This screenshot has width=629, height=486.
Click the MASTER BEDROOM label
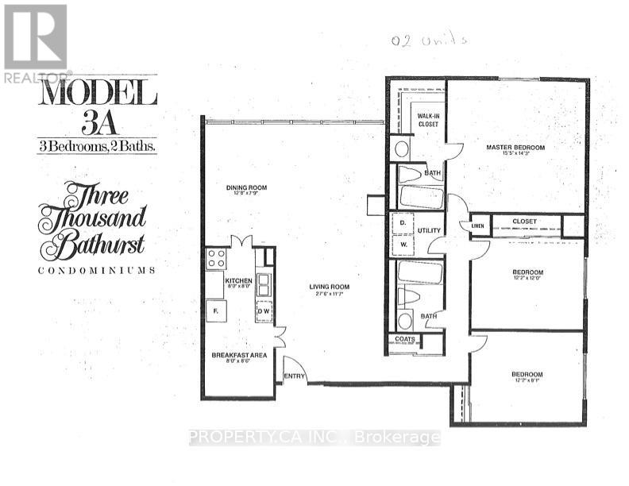[516, 148]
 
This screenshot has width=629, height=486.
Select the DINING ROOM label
[246, 188]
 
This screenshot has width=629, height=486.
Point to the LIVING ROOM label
[330, 287]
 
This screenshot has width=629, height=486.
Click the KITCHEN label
[237, 281]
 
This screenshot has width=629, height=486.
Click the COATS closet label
[403, 340]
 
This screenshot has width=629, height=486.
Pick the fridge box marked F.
[214, 312]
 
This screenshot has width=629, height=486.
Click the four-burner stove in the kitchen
[216, 259]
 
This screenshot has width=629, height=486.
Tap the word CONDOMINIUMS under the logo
[96, 270]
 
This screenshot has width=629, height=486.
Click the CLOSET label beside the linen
[525, 222]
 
